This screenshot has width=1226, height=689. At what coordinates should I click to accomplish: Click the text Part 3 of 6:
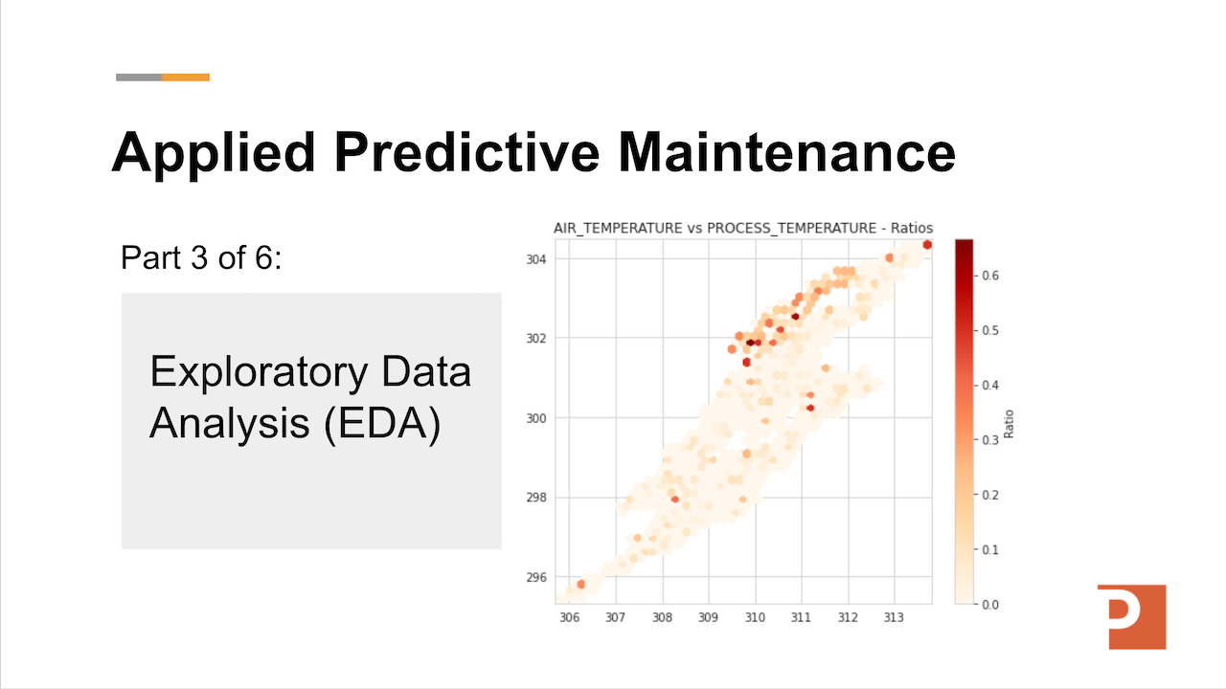click(x=201, y=257)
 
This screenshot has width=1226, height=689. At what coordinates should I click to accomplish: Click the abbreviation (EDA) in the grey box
click(x=381, y=423)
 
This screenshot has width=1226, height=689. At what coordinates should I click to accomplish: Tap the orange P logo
click(x=1131, y=615)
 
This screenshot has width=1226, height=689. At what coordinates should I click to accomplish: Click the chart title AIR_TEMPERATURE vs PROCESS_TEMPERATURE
click(x=742, y=228)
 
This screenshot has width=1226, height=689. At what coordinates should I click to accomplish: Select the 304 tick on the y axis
click(x=536, y=258)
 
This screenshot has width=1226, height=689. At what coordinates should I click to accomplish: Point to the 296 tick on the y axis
click(x=536, y=577)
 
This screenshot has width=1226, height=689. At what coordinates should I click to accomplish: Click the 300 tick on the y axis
click(x=536, y=418)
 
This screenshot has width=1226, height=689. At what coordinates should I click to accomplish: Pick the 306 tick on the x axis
click(x=569, y=618)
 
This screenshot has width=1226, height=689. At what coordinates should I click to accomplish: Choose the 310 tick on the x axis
click(x=755, y=618)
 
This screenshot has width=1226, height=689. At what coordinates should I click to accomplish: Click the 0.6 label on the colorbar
click(x=990, y=276)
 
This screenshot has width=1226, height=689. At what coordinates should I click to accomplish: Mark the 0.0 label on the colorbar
click(x=990, y=604)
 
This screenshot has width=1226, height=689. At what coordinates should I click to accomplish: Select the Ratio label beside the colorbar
click(x=1009, y=424)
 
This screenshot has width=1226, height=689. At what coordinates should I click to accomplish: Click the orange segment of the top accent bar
click(x=185, y=77)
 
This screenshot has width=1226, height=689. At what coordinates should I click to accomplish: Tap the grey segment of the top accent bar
click(x=138, y=77)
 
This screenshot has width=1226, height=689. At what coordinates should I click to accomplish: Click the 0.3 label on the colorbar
click(x=990, y=439)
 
